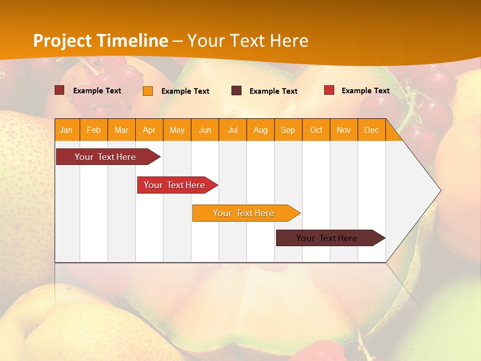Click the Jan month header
(x=66, y=130)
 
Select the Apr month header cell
(x=149, y=130)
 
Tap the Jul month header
(x=232, y=130)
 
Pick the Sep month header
(x=288, y=130)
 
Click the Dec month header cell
(x=371, y=130)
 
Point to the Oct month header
(x=316, y=130)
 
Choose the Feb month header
(x=94, y=130)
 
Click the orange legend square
(x=148, y=91)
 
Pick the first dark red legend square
(x=59, y=90)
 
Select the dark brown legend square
(x=236, y=90)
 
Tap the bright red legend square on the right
(x=329, y=90)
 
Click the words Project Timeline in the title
(x=100, y=41)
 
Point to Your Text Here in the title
(x=248, y=41)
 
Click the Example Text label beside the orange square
(x=185, y=91)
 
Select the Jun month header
(x=205, y=130)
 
